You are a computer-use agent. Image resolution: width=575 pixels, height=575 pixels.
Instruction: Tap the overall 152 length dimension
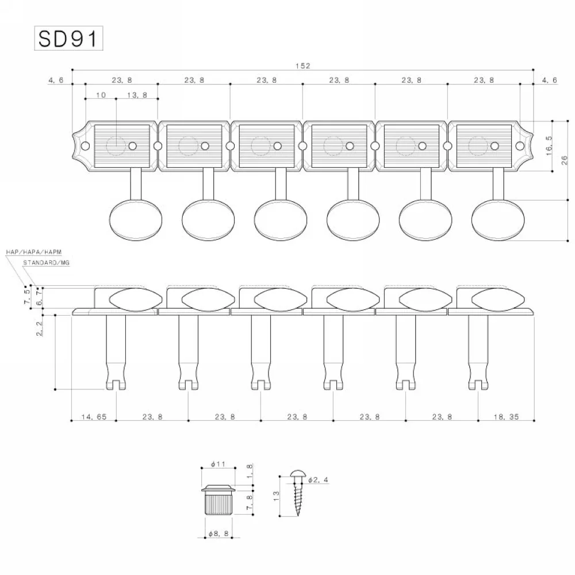point(304,66)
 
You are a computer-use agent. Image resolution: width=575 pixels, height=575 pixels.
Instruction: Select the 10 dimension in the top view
point(101,96)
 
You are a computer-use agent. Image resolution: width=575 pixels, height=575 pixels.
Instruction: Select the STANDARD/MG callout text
point(45,263)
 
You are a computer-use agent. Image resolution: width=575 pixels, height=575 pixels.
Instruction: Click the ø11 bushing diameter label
point(217,463)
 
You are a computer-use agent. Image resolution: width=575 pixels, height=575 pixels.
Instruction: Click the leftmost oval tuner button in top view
point(135,218)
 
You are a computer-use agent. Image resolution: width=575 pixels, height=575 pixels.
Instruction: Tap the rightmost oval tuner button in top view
point(497,218)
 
